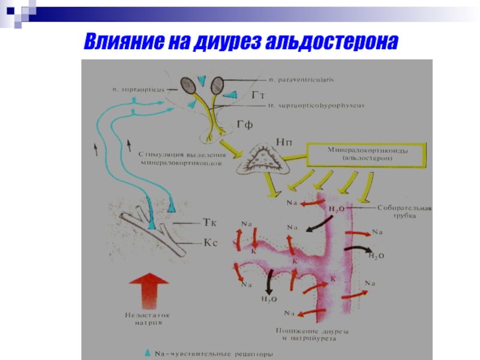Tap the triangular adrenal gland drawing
click(x=262, y=159)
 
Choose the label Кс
click(x=208, y=244)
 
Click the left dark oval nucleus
click(x=188, y=85)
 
